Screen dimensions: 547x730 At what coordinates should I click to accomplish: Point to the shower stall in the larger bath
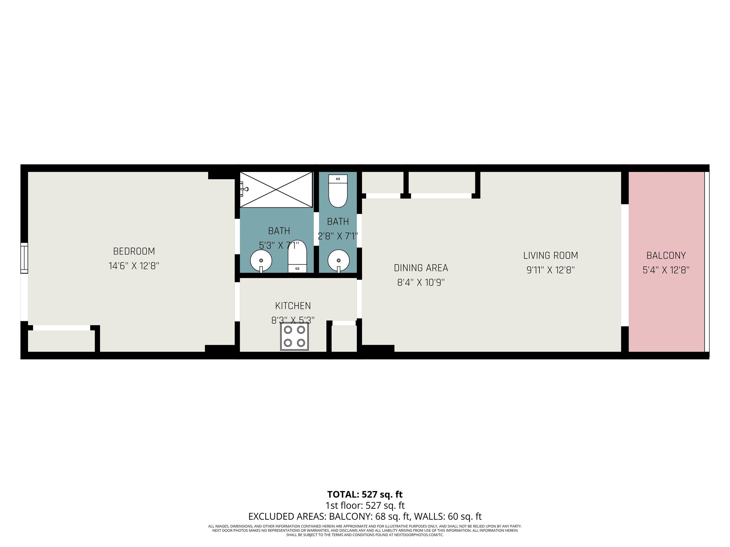tap(276, 190)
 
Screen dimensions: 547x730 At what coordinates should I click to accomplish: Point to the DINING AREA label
tap(421, 268)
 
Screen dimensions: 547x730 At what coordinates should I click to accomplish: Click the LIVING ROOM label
tap(550, 255)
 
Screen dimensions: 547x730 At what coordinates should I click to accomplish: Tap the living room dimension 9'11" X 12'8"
tap(550, 270)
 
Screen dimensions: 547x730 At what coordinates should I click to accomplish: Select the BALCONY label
tap(666, 255)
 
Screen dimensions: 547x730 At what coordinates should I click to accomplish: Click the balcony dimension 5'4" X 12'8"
tap(666, 270)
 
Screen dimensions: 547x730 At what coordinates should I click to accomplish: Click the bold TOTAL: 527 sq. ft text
tap(365, 494)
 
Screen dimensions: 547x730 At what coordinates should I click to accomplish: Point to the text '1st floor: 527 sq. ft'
tap(365, 505)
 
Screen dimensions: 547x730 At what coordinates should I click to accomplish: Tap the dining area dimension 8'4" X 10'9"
tap(421, 283)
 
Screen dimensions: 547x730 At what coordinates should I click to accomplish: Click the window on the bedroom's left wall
tap(24, 258)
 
